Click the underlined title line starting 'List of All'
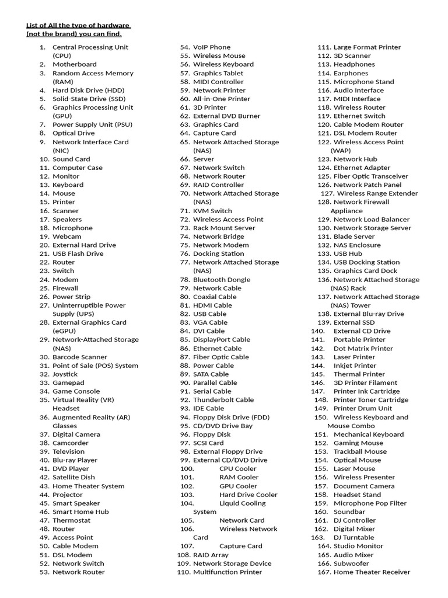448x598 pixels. click(x=78, y=25)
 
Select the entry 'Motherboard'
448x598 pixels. click(x=75, y=64)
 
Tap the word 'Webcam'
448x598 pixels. click(x=67, y=237)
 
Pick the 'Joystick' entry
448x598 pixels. click(x=65, y=374)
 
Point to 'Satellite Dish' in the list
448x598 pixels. click(x=73, y=477)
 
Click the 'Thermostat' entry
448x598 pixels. click(x=72, y=520)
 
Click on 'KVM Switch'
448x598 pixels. click(x=212, y=211)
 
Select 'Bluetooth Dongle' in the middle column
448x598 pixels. click(x=222, y=280)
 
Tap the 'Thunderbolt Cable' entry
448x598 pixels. click(x=223, y=400)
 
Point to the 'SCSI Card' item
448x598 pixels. click(x=208, y=443)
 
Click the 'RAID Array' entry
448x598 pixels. click(x=211, y=555)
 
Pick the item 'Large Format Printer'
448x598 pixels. click(x=367, y=47)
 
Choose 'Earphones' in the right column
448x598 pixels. click(x=351, y=73)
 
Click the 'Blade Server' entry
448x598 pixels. click(x=354, y=237)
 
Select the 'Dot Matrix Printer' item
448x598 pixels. click(x=363, y=349)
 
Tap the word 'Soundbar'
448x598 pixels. click(x=349, y=512)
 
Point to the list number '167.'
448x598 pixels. click(x=324, y=572)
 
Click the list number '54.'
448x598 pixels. click(x=185, y=47)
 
